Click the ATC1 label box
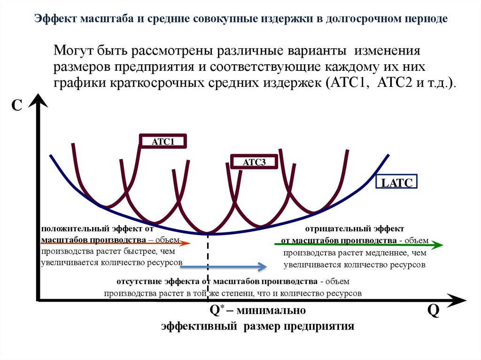pyautogui.click(x=163, y=142)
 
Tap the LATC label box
pyautogui.click(x=396, y=183)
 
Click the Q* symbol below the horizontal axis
pyautogui.click(x=217, y=311)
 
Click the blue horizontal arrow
pyautogui.click(x=224, y=267)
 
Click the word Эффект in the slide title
pyautogui.click(x=55, y=19)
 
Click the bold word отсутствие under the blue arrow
pyautogui.click(x=139, y=282)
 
